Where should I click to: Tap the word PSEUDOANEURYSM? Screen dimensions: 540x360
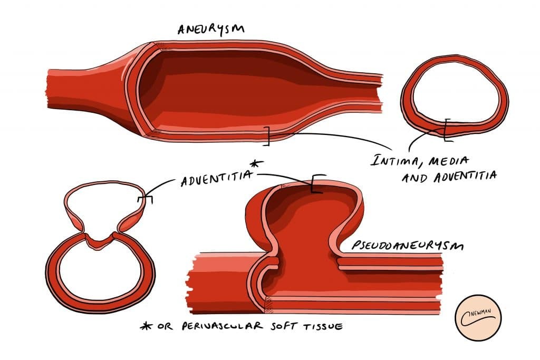click(400, 248)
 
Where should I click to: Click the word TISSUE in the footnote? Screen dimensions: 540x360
click(320, 327)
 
